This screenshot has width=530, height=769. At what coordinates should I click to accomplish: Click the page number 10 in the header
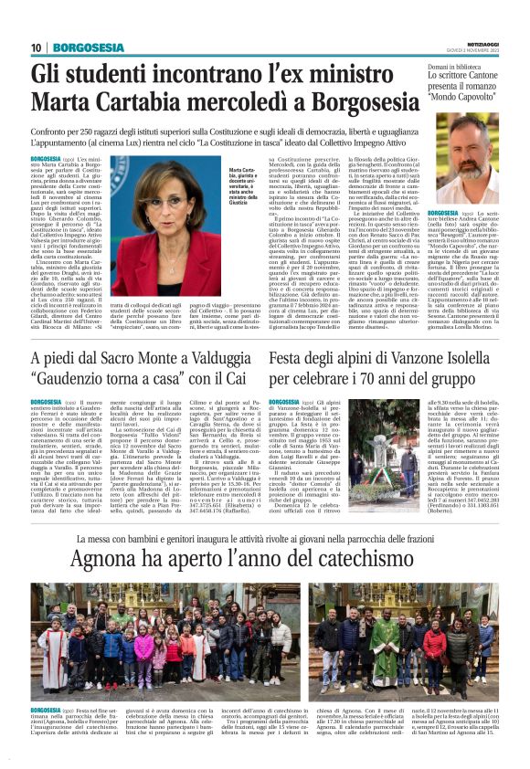pyautogui.click(x=37, y=47)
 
